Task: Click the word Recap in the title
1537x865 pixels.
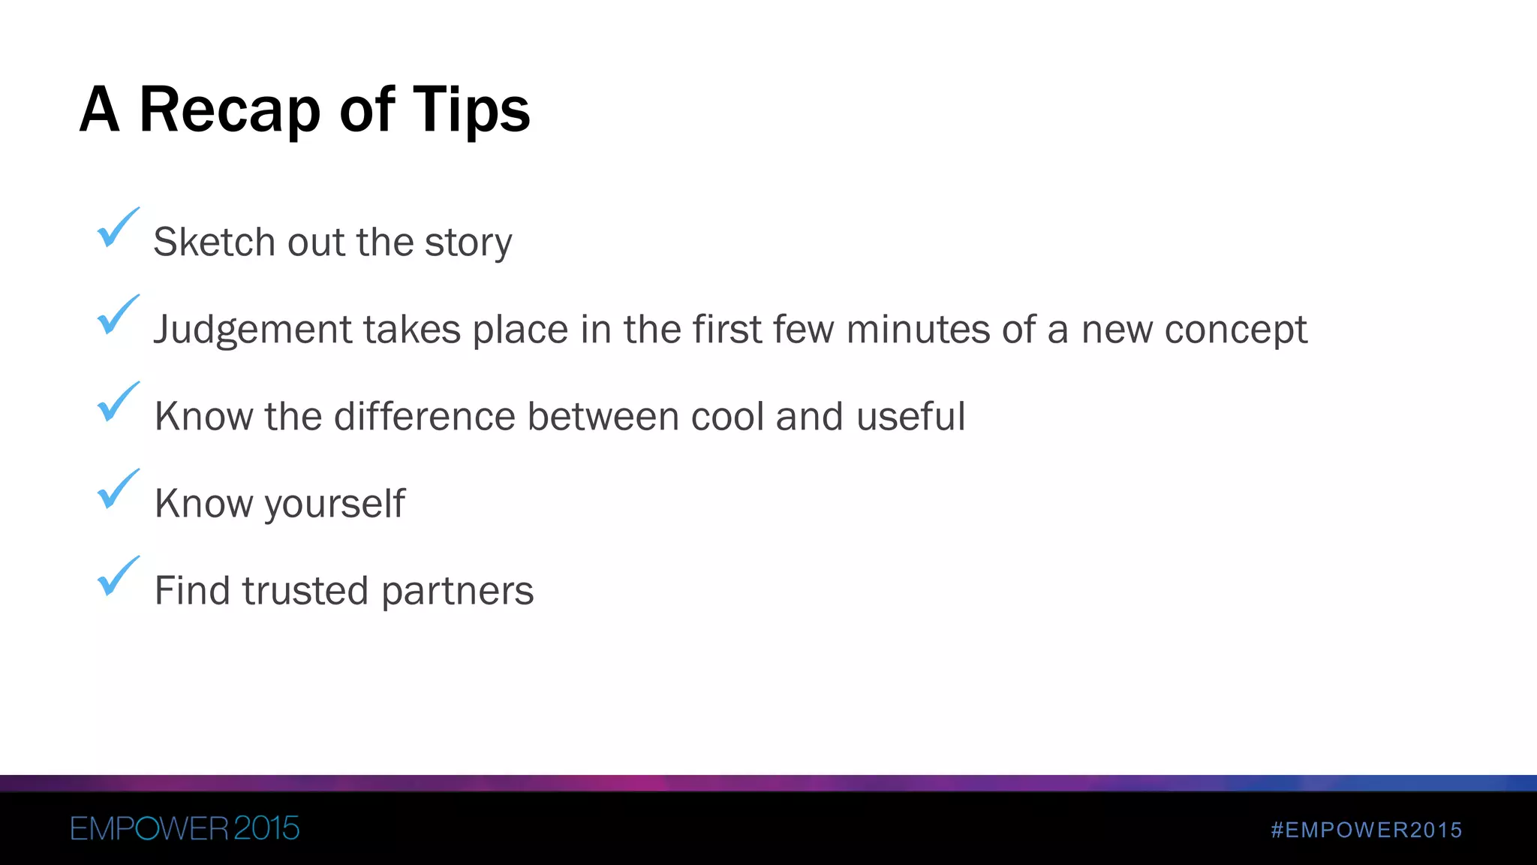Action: click(x=230, y=110)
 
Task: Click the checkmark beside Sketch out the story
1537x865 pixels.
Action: click(x=118, y=228)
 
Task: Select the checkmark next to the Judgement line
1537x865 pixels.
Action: click(x=118, y=315)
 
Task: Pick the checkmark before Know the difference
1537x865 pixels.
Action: click(x=118, y=402)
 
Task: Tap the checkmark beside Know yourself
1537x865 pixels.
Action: click(x=118, y=489)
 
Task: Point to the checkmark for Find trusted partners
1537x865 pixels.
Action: click(x=118, y=576)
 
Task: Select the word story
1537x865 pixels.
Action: click(x=468, y=243)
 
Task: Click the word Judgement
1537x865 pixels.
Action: click(x=252, y=330)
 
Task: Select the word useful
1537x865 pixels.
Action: click(x=910, y=416)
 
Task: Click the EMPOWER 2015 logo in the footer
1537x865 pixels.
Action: click(x=185, y=828)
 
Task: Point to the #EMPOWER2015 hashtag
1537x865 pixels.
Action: click(x=1367, y=830)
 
